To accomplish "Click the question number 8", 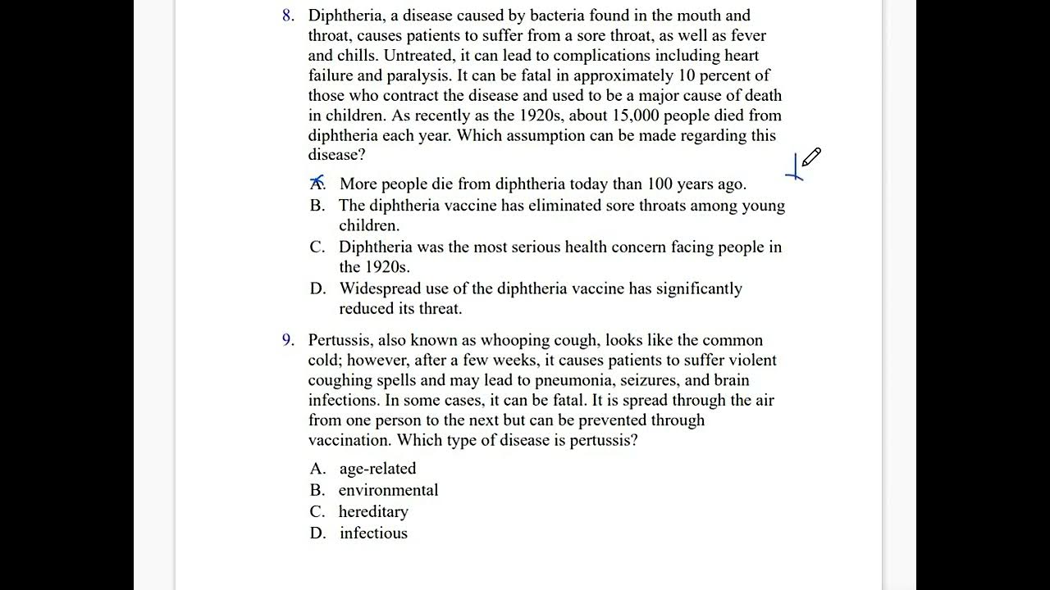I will (x=287, y=16).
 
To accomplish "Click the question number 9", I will (x=287, y=340).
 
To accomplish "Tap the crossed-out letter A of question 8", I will (x=317, y=184).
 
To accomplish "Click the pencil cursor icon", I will (x=811, y=157).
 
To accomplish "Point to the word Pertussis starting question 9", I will (x=340, y=340).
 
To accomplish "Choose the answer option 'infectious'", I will (x=373, y=533).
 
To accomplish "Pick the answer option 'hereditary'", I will (x=373, y=512).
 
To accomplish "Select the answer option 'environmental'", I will (x=388, y=490).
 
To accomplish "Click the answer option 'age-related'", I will (x=377, y=469).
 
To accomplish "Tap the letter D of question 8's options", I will (x=317, y=288).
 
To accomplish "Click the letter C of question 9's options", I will (x=317, y=512).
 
